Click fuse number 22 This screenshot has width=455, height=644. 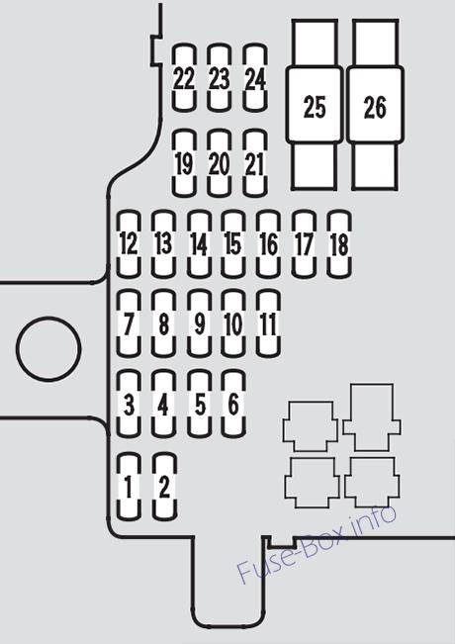coord(184,77)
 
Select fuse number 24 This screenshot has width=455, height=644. coord(255,77)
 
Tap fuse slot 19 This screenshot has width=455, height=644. coord(184,163)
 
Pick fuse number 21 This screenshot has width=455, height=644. coord(255,163)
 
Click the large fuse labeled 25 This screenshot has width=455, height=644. coord(315,105)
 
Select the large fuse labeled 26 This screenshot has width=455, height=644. coord(375,105)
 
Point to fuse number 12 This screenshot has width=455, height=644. coord(129,244)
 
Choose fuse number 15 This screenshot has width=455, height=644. coord(233,244)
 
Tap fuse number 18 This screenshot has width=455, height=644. coord(339,244)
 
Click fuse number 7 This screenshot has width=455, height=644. coord(129,323)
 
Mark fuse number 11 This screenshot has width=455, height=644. coord(268,323)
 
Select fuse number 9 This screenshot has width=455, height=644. coord(200,323)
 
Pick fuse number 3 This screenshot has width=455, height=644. coord(129,404)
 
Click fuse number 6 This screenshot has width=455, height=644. coord(233,404)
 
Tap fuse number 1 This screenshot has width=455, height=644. coord(129,487)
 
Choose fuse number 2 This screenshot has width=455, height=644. coord(164,487)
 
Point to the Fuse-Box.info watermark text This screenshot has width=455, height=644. coord(318,543)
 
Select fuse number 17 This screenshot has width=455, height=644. coord(304,244)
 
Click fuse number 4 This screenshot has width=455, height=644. coord(163,404)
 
